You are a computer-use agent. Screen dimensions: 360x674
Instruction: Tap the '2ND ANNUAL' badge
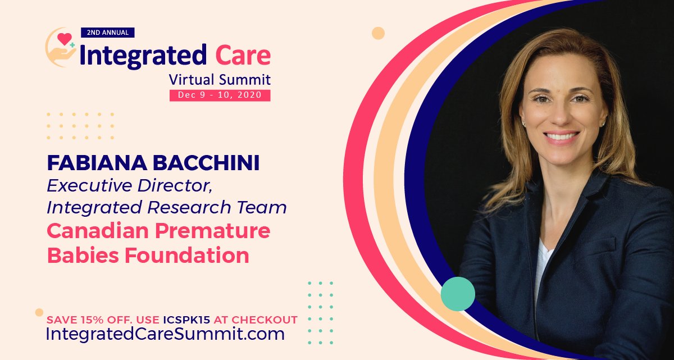107,33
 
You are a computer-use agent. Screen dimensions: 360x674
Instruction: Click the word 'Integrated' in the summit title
143,55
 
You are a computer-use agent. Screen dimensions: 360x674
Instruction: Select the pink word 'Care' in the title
243,55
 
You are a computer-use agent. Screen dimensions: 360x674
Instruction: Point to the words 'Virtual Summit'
220,79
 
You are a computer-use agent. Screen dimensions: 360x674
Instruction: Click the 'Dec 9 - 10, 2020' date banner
220,95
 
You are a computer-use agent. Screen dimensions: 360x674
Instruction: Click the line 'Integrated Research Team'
167,207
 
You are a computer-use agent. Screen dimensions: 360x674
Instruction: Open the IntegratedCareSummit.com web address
165,334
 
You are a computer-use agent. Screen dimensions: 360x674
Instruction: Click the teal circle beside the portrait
458,294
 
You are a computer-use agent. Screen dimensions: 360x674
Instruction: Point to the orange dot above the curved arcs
379,33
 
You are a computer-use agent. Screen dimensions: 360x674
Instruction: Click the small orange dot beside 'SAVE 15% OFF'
39,312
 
